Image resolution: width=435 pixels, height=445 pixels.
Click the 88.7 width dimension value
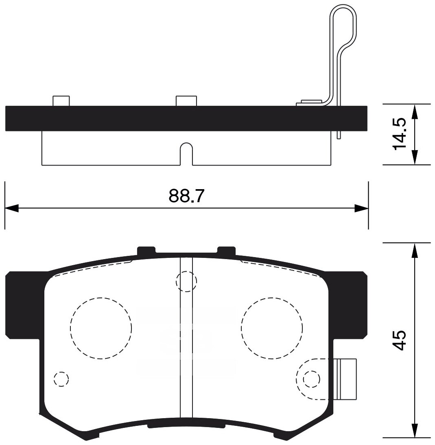tap(186, 197)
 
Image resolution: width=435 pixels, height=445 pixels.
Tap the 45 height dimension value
tap(400, 340)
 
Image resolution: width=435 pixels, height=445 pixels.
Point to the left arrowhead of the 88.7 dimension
tap(11, 209)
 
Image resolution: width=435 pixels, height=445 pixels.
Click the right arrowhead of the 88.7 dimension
tap(361, 209)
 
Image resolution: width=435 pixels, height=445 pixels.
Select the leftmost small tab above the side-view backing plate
tap(61, 101)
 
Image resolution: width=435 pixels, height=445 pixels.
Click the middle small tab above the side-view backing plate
tap(186, 101)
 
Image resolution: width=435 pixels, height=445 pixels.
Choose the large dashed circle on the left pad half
tap(101, 328)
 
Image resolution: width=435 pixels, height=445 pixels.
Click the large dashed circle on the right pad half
tap(272, 328)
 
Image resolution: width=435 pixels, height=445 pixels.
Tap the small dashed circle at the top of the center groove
tap(186, 281)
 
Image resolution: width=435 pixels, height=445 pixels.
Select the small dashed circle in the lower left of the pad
tap(61, 379)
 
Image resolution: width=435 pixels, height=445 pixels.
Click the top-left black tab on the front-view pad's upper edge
tap(146, 251)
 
